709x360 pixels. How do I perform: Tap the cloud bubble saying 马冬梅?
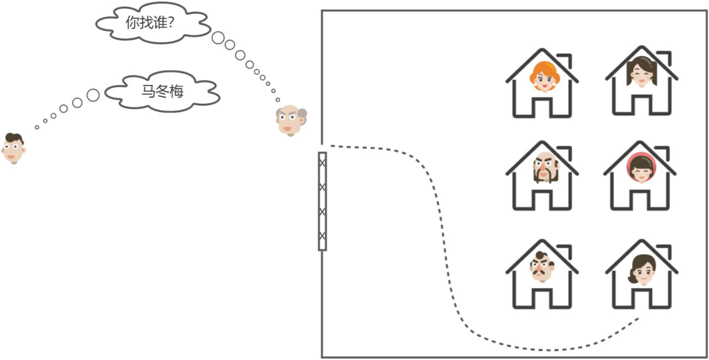[x=162, y=91]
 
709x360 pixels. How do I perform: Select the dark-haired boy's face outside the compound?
[x=14, y=148]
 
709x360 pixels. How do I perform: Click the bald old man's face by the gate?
[x=291, y=120]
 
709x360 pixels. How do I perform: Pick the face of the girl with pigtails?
[x=641, y=72]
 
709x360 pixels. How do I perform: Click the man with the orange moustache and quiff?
[x=542, y=267]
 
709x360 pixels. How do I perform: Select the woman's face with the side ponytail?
[x=642, y=270]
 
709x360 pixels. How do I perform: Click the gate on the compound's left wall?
[x=322, y=201]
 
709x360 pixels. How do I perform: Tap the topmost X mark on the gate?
[x=322, y=163]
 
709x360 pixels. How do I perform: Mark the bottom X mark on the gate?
[x=322, y=236]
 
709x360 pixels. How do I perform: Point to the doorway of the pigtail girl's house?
[x=641, y=106]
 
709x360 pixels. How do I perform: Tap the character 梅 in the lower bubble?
[x=176, y=91]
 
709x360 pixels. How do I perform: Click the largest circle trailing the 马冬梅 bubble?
[x=93, y=95]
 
